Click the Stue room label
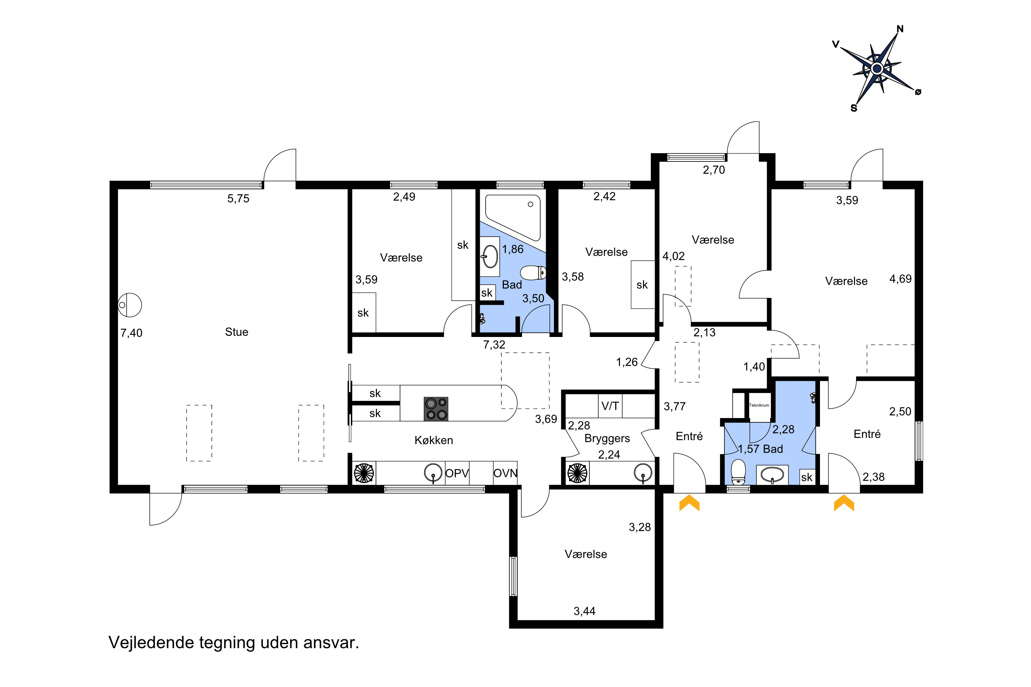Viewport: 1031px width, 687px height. coord(236,332)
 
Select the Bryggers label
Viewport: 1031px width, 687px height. coord(607,439)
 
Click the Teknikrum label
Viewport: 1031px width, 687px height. coord(759,405)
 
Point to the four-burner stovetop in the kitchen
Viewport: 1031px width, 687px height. coord(436,409)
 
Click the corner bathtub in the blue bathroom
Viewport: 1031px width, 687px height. coord(513,217)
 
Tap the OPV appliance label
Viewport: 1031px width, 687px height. coord(457,474)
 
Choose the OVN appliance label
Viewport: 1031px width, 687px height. coord(506,474)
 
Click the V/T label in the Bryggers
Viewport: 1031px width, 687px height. coord(610,406)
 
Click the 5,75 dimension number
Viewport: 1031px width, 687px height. coord(238,199)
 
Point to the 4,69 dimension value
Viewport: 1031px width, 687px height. coord(900,279)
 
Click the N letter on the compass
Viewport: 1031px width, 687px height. coord(900,29)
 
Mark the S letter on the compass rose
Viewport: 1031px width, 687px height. coord(854,108)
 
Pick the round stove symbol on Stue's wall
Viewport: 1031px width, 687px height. coord(130,305)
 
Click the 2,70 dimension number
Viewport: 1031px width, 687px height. coord(714,170)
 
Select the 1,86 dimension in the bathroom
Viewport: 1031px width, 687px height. coord(513,249)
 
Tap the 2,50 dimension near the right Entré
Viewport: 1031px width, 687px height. coord(900,412)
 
